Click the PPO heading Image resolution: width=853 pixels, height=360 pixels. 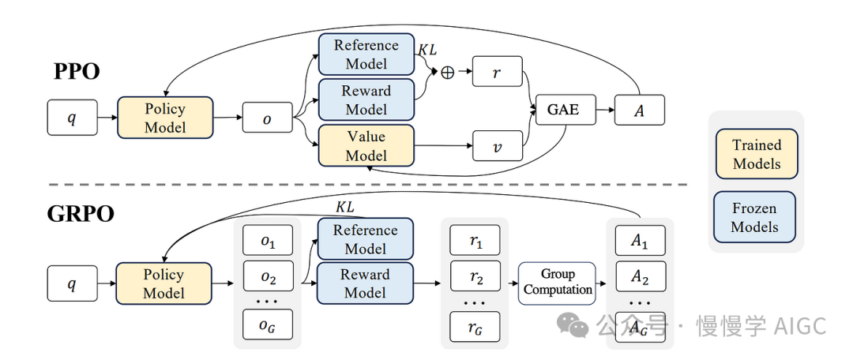pyautogui.click(x=77, y=72)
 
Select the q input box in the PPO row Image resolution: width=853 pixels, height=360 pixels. pyautogui.click(x=71, y=118)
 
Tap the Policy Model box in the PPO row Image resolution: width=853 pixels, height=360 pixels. pyautogui.click(x=165, y=118)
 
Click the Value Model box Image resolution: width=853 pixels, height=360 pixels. pyautogui.click(x=366, y=145)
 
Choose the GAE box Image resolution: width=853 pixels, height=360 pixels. pyautogui.click(x=562, y=110)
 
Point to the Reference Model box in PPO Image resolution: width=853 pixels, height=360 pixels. pyautogui.click(x=366, y=54)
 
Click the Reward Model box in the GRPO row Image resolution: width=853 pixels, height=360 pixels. pyautogui.click(x=365, y=283)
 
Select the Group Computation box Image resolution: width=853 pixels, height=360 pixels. pyautogui.click(x=558, y=282)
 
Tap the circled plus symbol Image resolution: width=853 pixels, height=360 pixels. pyautogui.click(x=448, y=72)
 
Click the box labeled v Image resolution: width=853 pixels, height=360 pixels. pyautogui.click(x=498, y=146)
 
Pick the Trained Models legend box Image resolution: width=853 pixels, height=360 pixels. pyautogui.click(x=757, y=155)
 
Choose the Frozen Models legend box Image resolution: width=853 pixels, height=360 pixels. pyautogui.click(x=755, y=217)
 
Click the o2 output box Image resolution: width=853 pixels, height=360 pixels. pyautogui.click(x=267, y=278)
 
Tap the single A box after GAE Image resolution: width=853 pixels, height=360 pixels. pyautogui.click(x=640, y=110)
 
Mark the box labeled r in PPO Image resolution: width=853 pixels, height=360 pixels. pyautogui.click(x=498, y=72)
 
